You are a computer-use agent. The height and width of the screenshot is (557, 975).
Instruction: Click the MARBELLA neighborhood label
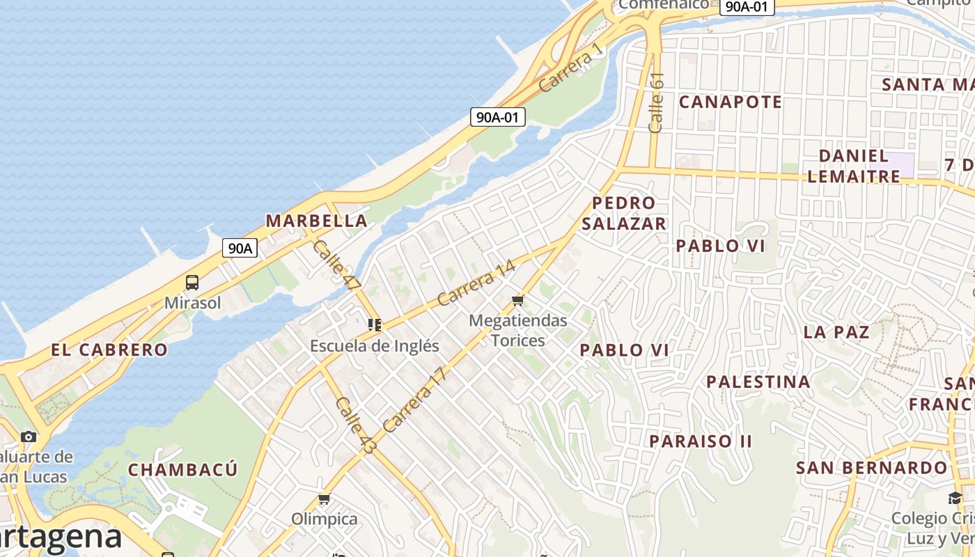point(316,221)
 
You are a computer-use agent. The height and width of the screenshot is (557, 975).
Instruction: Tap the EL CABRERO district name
point(109,350)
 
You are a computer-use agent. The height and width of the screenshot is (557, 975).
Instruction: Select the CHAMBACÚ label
point(183,469)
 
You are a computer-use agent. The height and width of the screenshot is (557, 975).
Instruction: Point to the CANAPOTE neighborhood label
point(731,102)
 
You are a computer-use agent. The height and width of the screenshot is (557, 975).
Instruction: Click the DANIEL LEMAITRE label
point(854,166)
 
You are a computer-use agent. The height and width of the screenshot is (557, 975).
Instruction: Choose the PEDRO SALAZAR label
point(624,213)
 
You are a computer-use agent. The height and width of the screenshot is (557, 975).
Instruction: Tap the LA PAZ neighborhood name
point(836,331)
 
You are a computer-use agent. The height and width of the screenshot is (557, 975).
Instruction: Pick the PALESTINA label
point(758,382)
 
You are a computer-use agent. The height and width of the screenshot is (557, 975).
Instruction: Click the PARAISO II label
point(701,441)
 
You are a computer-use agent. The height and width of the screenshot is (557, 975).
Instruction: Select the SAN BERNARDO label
point(872,467)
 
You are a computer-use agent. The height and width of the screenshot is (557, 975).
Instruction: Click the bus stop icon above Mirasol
point(192,283)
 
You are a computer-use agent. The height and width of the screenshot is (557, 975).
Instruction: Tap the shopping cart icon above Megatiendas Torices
point(517,300)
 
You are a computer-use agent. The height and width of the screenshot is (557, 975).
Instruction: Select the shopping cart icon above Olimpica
point(324,499)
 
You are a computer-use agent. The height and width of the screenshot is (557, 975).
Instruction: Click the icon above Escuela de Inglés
point(375,324)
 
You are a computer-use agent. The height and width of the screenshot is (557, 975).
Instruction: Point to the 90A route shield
point(240,247)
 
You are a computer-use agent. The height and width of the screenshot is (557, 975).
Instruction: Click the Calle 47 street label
point(336,265)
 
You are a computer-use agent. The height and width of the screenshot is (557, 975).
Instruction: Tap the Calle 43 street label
point(355,425)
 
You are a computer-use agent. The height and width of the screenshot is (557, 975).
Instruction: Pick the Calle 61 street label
point(656,102)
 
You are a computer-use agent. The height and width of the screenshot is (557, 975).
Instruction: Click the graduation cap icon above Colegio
point(954,498)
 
